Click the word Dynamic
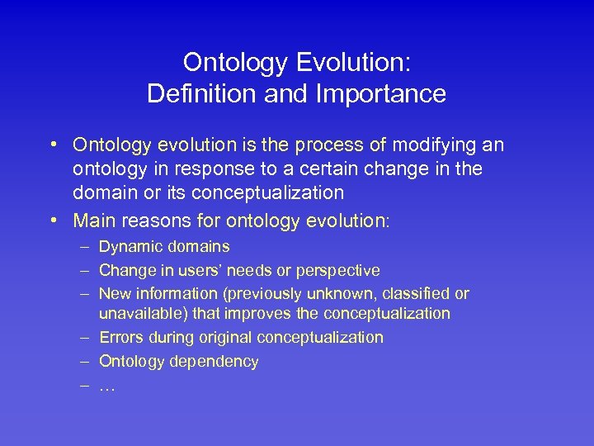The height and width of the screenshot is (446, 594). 128,246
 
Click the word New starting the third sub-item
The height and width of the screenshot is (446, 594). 115,294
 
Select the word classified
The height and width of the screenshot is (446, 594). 421,294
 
